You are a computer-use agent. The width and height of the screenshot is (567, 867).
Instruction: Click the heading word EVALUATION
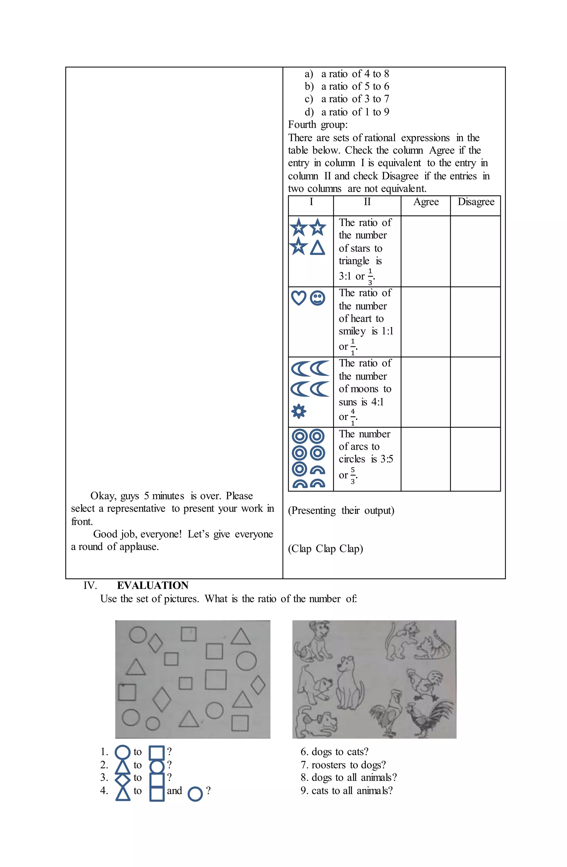point(152,585)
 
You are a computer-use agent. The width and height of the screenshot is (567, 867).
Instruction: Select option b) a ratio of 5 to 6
point(347,86)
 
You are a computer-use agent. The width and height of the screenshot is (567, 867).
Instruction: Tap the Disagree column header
point(476,202)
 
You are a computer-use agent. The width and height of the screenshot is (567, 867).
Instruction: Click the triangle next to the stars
point(317,248)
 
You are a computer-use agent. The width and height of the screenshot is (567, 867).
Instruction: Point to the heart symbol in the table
point(299,298)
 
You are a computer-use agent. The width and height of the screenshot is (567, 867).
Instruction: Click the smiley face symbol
point(317,298)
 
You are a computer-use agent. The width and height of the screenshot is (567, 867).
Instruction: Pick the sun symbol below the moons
point(299,412)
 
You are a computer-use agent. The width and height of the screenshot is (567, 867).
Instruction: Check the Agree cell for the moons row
point(425,392)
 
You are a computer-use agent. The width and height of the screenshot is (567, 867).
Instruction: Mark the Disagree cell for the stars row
point(475,251)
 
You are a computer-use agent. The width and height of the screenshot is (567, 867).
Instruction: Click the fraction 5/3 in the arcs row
point(352,475)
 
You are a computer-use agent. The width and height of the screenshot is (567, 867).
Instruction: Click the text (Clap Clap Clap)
point(325,549)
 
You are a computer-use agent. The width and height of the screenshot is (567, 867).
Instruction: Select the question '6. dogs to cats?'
point(334,752)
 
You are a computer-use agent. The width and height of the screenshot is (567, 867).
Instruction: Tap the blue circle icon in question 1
point(122,752)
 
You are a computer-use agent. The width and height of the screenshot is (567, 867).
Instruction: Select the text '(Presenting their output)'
point(341,510)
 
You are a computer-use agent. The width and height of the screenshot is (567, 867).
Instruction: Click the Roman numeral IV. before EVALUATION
point(90,585)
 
